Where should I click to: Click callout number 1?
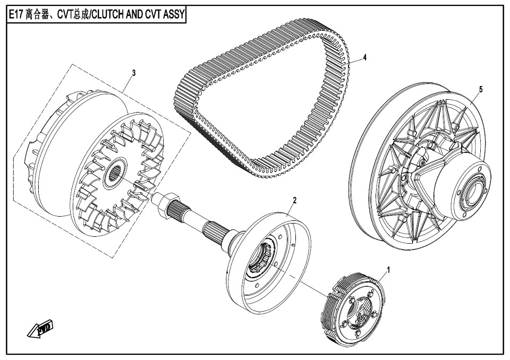pyautogui.click(x=388, y=270)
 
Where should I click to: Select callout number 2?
pyautogui.click(x=295, y=200)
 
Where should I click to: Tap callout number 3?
pyautogui.click(x=134, y=73)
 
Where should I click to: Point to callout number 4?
pyautogui.click(x=365, y=57)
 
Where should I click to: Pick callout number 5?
pyautogui.click(x=481, y=89)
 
